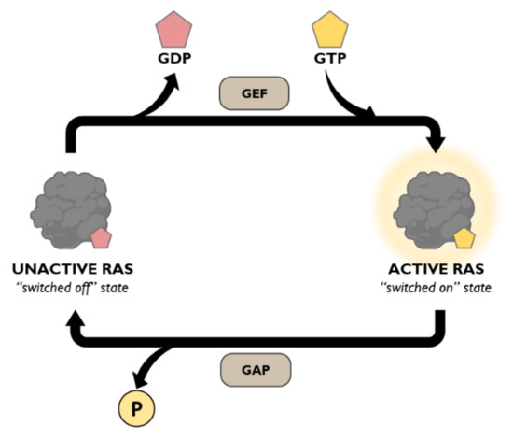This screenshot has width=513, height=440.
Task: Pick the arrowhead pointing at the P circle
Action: pyautogui.click(x=142, y=378)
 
